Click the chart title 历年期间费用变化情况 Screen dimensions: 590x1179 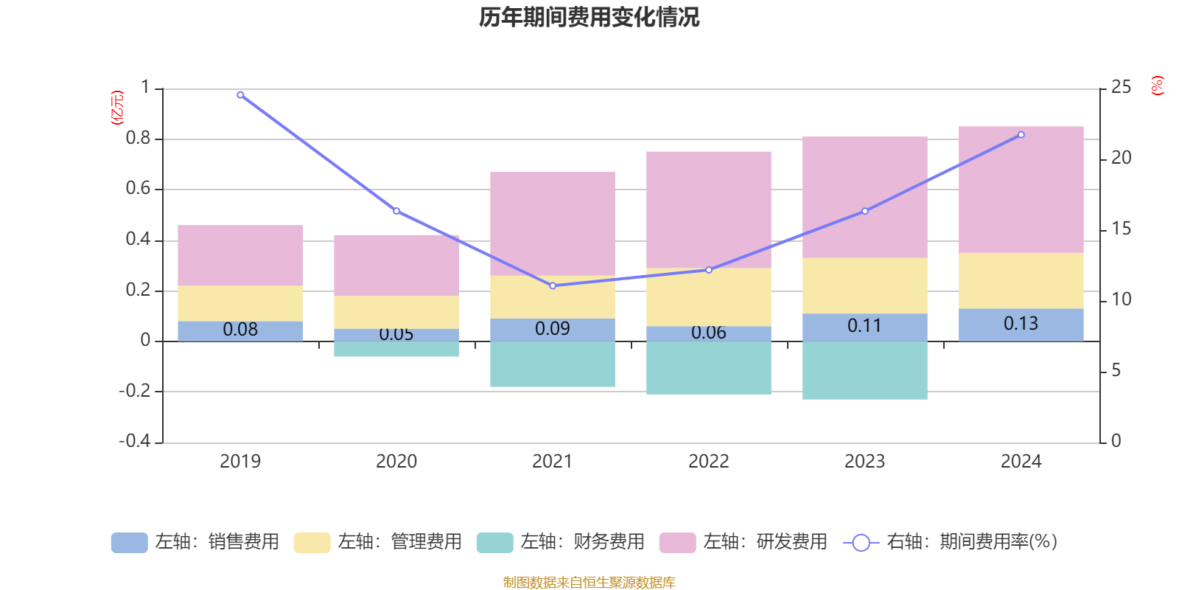coord(589,17)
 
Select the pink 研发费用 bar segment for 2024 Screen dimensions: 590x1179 coord(1021,190)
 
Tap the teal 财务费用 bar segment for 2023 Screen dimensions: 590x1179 coord(864,370)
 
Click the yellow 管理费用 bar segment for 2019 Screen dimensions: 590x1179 coord(240,303)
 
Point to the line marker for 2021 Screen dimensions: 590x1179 coord(553,285)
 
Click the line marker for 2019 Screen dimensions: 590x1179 coord(240,95)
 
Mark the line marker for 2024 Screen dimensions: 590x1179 coord(1021,135)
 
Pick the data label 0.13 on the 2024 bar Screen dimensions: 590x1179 coord(1021,324)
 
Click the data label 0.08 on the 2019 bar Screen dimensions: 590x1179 coord(240,330)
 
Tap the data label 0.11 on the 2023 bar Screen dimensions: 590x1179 coord(864,326)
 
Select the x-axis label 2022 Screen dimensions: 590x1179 coord(708,462)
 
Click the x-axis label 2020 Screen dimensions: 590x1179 coord(396,462)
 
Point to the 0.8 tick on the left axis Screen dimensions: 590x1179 coord(138,139)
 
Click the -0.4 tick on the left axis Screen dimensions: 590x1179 coord(135,441)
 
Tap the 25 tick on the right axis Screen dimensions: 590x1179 coord(1121,88)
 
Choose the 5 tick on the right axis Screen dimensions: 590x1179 coord(1116,370)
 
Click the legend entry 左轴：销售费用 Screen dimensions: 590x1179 coord(195,542)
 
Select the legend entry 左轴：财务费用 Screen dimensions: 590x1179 coord(561,542)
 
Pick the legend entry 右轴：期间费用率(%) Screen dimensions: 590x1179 coord(951,542)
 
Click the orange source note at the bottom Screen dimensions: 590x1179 coord(589,583)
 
